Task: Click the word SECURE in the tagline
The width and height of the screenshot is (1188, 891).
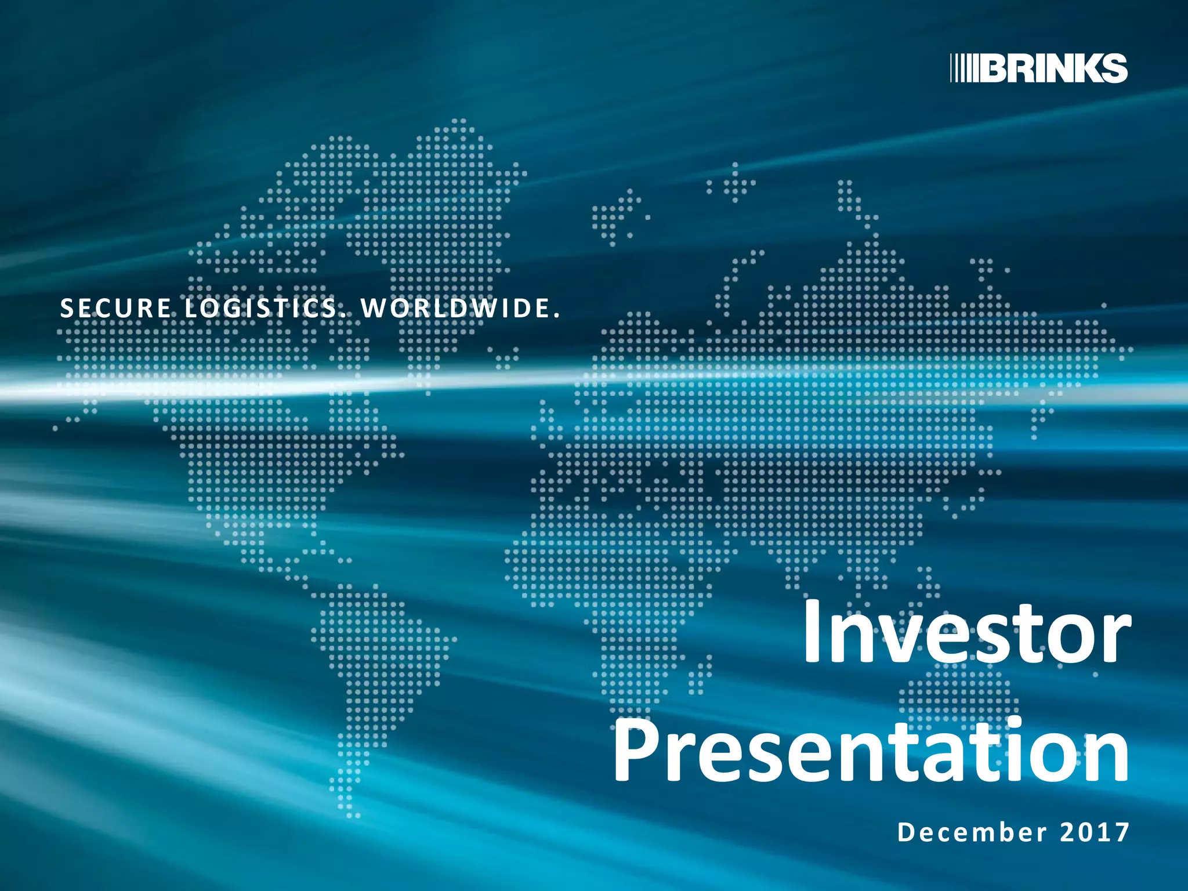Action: tap(115, 308)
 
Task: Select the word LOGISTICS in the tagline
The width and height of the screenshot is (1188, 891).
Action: tap(260, 308)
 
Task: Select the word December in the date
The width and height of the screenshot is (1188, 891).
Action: tap(972, 832)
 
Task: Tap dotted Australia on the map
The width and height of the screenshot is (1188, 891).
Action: tap(957, 696)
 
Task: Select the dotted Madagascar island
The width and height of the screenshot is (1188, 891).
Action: tap(701, 676)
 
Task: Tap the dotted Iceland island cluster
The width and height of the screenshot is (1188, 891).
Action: tap(615, 218)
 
